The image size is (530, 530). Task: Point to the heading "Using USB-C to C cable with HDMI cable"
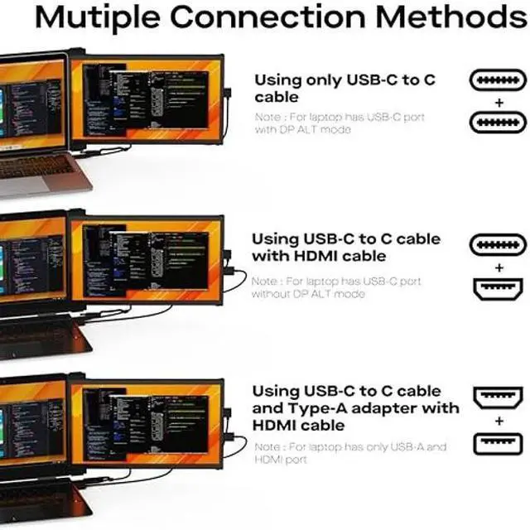click(346, 248)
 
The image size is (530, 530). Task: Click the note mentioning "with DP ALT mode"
click(340, 123)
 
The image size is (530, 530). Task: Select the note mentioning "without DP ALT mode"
click(336, 287)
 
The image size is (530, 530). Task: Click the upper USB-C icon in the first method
click(498, 80)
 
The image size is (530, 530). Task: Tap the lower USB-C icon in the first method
click(498, 123)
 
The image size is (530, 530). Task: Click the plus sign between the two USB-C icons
click(498, 102)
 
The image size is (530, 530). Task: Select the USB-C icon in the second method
click(498, 246)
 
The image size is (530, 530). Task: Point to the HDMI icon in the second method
click(498, 289)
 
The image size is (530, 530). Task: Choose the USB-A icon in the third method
click(498, 443)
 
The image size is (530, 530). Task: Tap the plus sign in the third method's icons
click(498, 421)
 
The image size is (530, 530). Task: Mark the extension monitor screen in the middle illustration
click(147, 259)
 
